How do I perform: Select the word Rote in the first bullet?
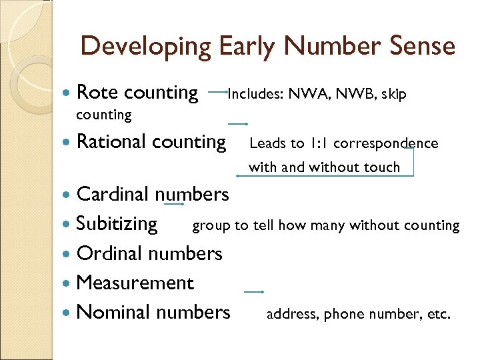point(97,93)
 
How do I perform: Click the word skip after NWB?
point(393,95)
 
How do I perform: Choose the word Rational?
point(111,141)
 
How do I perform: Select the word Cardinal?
point(113,194)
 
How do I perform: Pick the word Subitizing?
point(117,223)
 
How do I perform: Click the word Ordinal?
point(109,253)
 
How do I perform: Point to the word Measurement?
point(135,283)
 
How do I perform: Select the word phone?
point(343,314)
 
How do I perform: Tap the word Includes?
point(255,94)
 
